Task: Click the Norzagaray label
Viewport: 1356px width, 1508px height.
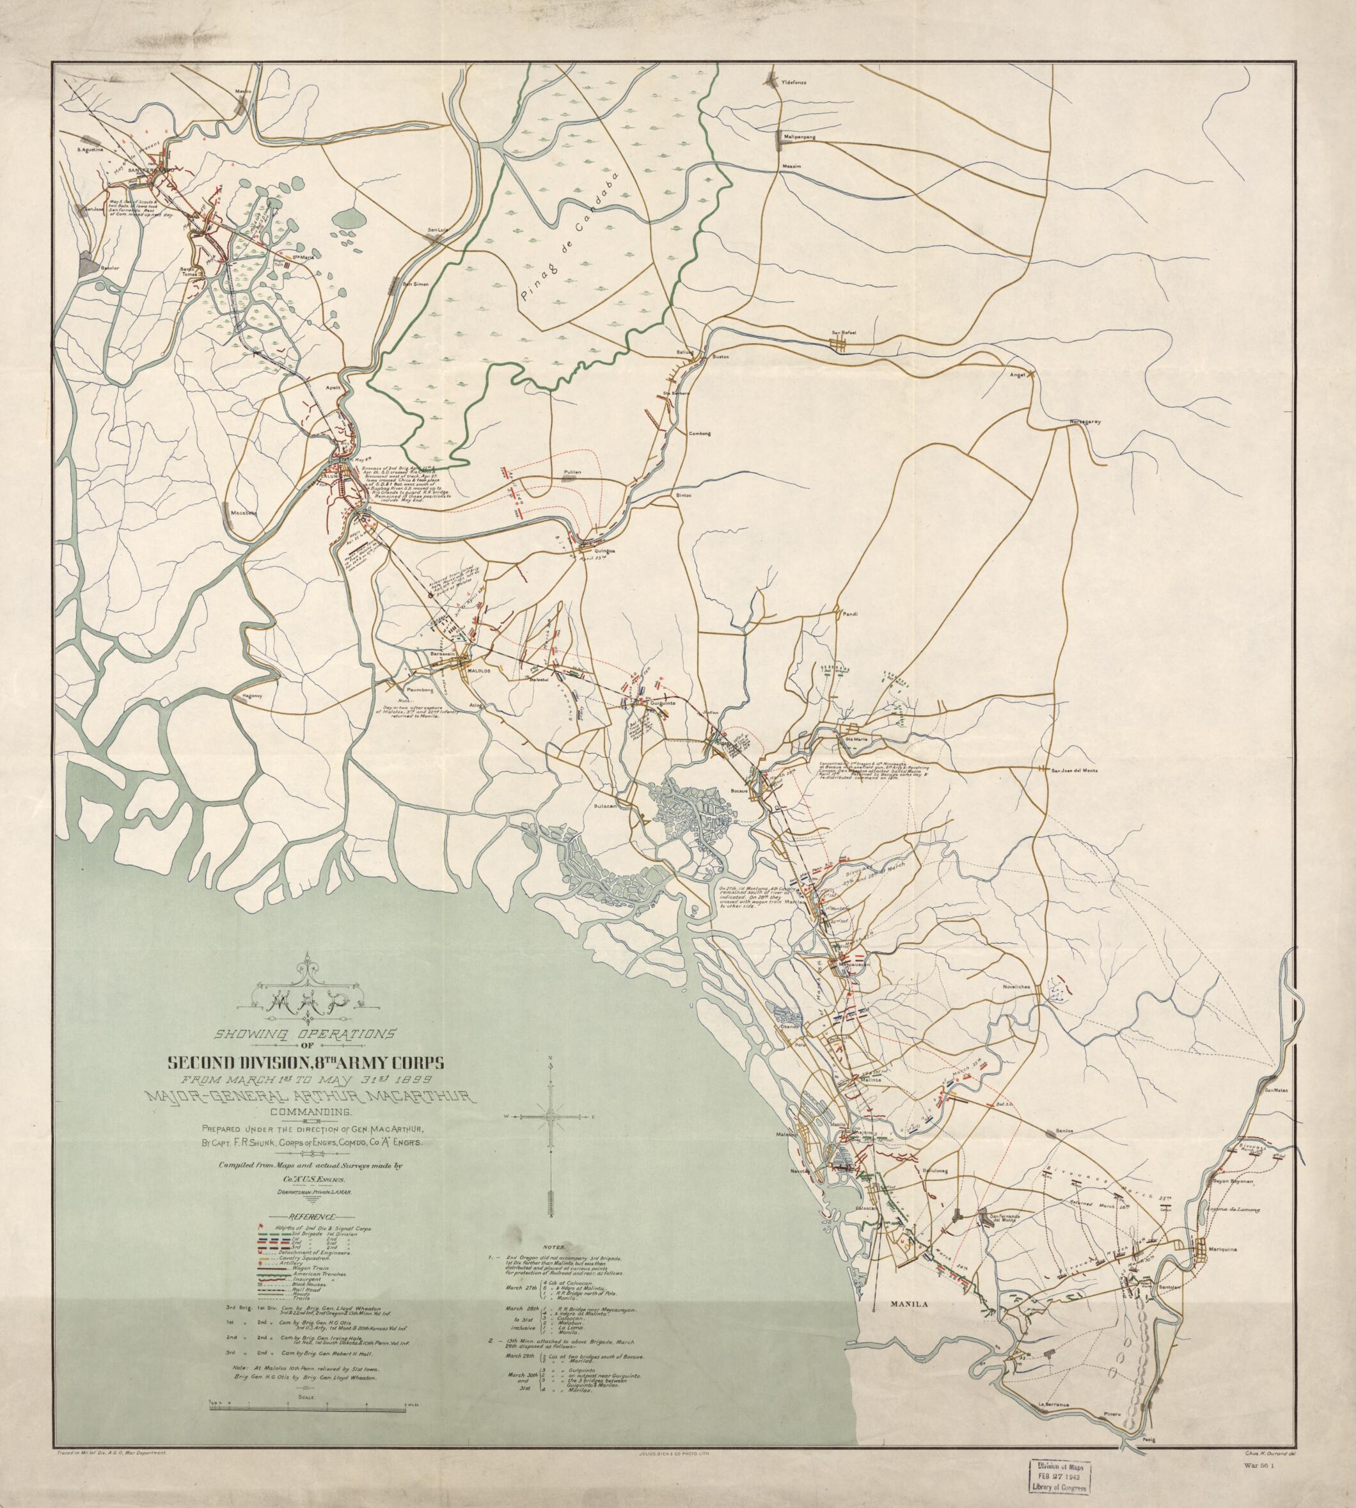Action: (x=1085, y=422)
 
